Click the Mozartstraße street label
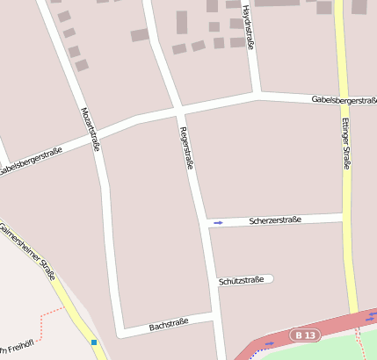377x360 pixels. (x=89, y=129)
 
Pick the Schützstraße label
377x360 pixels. (x=241, y=281)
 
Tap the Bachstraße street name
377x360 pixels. (x=169, y=325)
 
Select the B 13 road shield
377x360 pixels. (x=305, y=335)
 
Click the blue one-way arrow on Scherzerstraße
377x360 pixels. (x=218, y=223)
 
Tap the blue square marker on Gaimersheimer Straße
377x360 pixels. (x=93, y=342)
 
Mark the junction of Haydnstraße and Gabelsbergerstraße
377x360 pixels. (x=256, y=93)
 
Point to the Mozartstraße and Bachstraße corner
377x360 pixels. (x=119, y=332)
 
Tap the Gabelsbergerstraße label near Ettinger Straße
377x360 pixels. (x=344, y=100)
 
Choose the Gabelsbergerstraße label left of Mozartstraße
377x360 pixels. (x=31, y=161)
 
